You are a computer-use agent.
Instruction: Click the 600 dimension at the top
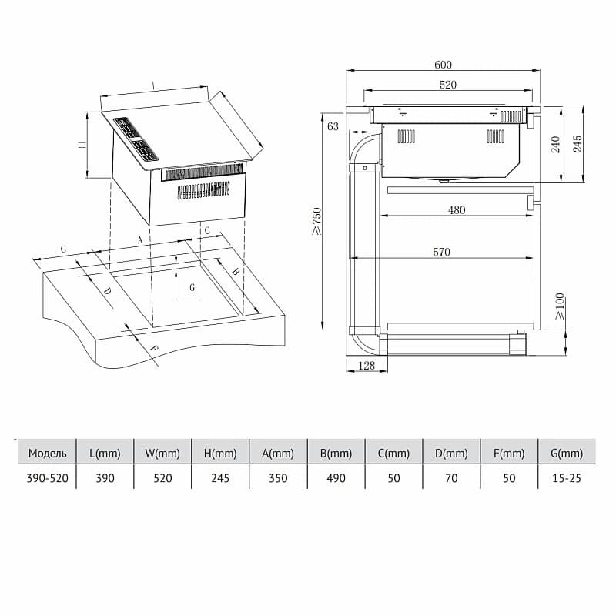443,65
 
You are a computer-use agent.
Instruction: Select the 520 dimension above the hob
448,85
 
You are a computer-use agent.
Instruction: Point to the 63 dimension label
333,126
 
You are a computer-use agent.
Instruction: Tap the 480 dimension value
457,210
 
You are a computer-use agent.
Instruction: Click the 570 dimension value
441,252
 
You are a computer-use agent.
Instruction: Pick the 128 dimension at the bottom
367,365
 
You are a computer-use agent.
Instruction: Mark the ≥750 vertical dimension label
316,221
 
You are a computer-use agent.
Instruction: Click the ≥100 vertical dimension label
560,306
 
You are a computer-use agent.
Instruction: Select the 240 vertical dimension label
555,144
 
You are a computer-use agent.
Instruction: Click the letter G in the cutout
192,287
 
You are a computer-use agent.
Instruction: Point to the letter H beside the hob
82,145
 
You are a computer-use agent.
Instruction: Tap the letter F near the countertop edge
155,348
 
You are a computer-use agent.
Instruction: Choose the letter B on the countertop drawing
235,271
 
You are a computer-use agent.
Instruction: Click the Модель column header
48,454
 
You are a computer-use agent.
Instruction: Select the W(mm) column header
162,454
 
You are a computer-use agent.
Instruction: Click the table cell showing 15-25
567,478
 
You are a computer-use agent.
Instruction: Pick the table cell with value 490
336,478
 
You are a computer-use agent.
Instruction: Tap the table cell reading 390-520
47,478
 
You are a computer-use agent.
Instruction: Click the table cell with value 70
451,478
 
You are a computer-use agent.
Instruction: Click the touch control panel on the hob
136,139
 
